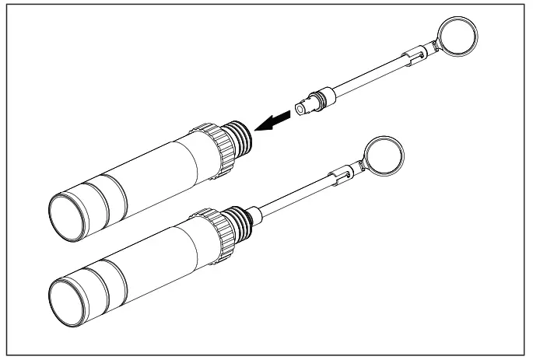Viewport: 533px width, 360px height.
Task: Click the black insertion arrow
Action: pos(275,121)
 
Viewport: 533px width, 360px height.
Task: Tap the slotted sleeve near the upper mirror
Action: pos(413,56)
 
